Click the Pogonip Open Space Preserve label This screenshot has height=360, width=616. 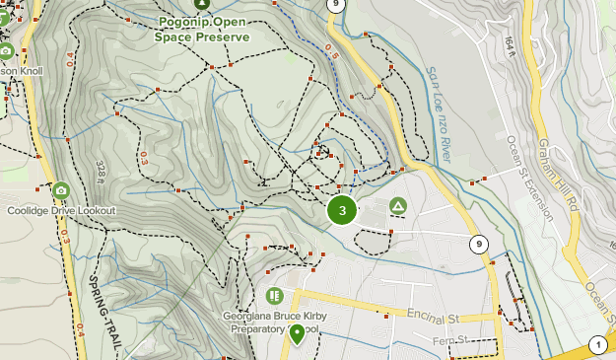click(202, 28)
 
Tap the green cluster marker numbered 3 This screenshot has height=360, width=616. click(342, 210)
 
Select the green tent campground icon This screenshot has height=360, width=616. click(397, 205)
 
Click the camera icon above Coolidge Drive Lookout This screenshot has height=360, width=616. click(61, 190)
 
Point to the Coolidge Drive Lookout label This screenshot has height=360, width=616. click(61, 210)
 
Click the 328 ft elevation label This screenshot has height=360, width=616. click(102, 172)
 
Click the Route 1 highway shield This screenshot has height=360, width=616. click(596, 344)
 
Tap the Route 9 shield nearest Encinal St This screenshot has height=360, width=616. click(478, 244)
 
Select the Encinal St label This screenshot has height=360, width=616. click(434, 318)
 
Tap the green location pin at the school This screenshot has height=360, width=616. click(297, 333)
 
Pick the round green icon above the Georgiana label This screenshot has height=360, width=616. click(275, 295)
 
